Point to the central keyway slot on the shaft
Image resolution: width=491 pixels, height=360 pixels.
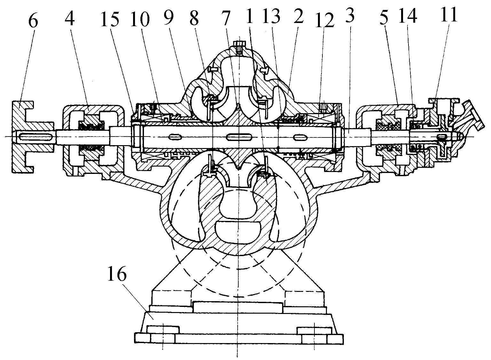(x=238, y=137)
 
